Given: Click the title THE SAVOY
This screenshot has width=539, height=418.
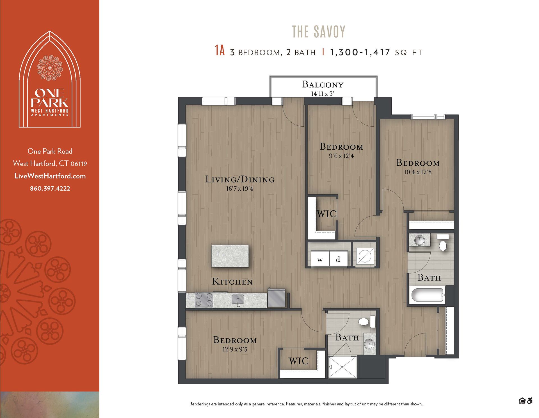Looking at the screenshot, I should coord(319,32).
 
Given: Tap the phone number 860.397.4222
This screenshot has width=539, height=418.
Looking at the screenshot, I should coord(50,188).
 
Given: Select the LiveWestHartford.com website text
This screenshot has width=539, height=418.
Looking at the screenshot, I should coord(50,176).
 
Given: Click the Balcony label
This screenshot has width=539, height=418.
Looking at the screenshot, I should coord(323,84).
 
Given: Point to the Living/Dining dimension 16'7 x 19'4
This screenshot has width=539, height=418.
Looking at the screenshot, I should coord(239,189).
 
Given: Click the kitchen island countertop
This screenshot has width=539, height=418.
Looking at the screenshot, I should coord(230,256).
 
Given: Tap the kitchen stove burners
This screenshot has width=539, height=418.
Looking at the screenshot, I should coord(204,299).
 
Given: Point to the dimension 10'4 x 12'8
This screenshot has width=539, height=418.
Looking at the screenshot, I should coord(418,172).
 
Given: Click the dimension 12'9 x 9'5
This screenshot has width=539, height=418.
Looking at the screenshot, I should coord(235,349).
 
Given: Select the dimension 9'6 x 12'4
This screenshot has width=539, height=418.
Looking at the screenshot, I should coord(341,156).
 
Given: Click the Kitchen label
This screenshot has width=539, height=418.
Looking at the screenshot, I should coord(232,282).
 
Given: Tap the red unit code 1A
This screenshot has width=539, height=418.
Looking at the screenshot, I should coord(220,51).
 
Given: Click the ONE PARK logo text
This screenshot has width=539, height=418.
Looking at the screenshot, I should coord(50,98).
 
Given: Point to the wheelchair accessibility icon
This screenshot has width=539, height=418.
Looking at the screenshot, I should coord(530,401).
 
